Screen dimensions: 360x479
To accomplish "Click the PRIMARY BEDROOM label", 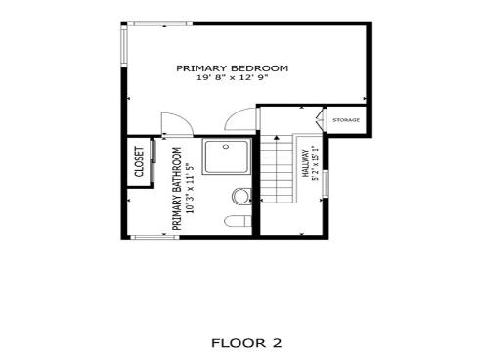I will pyautogui.click(x=232, y=67).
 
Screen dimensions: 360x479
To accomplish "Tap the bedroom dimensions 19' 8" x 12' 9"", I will pyautogui.click(x=232, y=77).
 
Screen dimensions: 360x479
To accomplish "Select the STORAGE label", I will pyautogui.click(x=346, y=120).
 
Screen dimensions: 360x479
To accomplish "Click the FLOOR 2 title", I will pyautogui.click(x=246, y=342).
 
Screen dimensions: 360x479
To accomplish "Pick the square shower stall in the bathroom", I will pyautogui.click(x=227, y=159).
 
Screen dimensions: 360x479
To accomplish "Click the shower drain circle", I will pyautogui.click(x=227, y=147).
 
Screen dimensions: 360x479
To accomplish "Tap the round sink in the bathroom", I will pyautogui.click(x=240, y=197).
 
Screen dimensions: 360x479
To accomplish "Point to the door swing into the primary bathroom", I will pyautogui.click(x=173, y=125).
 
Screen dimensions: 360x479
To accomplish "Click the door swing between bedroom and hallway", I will pyautogui.click(x=239, y=120).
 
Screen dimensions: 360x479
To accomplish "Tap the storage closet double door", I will pyautogui.click(x=323, y=121).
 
